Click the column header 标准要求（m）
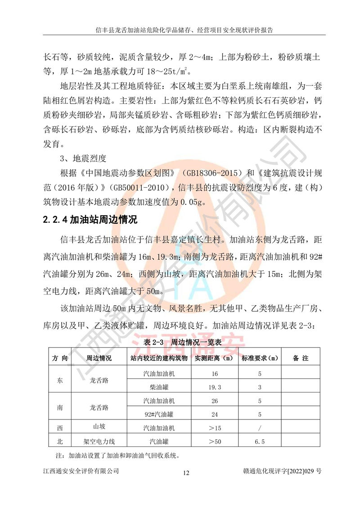(x=259, y=358)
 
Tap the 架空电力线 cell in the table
(x=99, y=442)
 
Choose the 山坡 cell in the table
(x=99, y=427)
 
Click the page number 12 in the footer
(x=187, y=473)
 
